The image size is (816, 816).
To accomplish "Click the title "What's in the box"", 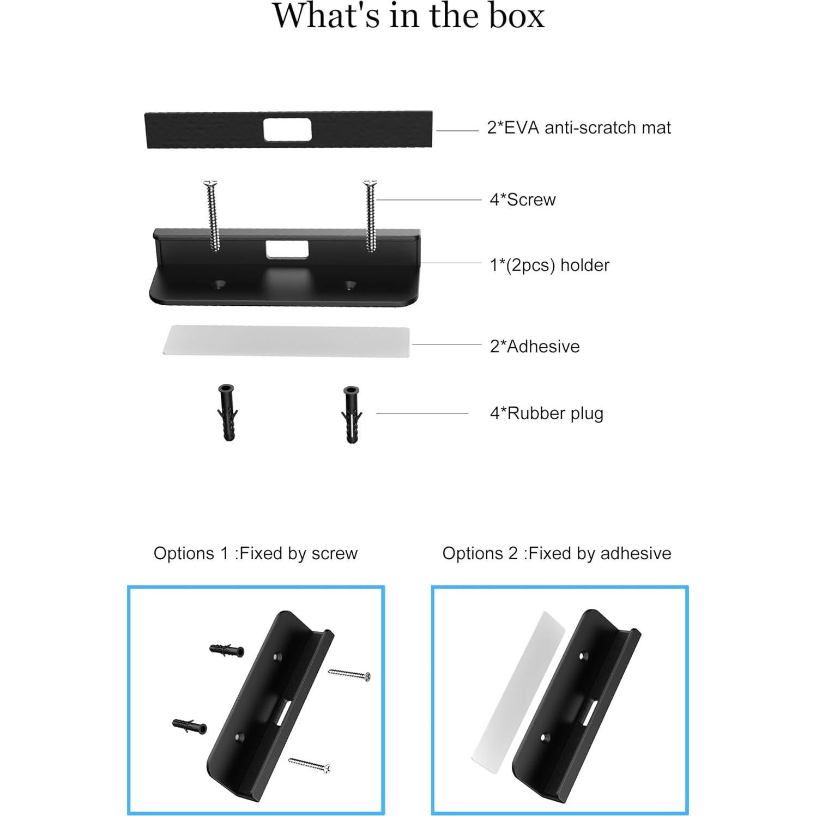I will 408,16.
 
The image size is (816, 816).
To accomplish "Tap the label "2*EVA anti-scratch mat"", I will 578,128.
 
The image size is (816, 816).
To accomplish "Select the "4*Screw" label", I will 522,200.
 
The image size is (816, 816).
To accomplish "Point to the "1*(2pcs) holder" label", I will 549,265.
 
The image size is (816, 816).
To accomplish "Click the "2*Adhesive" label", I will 534,347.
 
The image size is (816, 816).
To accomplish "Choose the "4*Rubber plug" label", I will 546,414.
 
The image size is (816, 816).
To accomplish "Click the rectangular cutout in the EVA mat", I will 287,130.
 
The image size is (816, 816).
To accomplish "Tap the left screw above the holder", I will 212,215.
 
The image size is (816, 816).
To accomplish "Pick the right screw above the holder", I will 371,215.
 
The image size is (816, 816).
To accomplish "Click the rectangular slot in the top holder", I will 287,250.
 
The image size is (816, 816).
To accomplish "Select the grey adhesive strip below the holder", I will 287,341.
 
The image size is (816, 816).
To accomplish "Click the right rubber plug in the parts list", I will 351,414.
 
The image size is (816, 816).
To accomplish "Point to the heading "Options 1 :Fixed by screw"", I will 255,554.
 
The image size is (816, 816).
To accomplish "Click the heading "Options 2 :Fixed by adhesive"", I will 557,554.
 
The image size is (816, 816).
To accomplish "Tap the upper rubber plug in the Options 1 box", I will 227,650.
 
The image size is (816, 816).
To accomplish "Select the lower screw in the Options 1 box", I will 309,765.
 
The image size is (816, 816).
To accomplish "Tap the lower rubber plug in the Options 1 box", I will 189,726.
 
